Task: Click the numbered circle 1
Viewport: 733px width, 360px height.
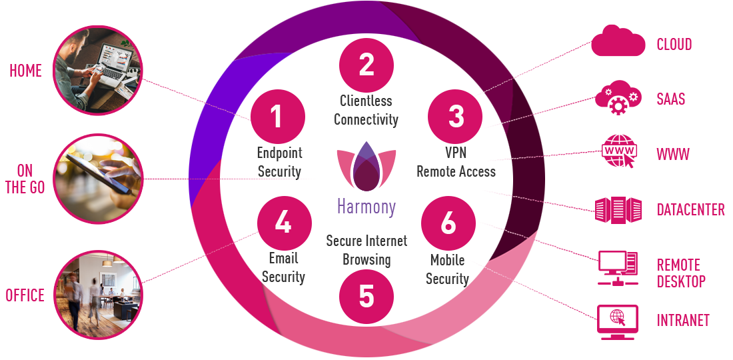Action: click(277, 117)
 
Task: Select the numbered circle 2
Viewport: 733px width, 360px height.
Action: click(366, 65)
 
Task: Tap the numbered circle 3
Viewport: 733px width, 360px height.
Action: click(456, 117)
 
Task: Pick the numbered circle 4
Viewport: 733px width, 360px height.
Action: click(283, 222)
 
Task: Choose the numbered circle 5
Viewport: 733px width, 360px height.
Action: click(366, 296)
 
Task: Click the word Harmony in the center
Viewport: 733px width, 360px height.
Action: click(366, 207)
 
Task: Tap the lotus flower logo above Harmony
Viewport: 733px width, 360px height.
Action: click(366, 167)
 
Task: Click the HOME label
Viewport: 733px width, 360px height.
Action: click(25, 71)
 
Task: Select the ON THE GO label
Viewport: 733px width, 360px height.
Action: click(25, 179)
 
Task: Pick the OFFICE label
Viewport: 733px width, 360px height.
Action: click(25, 295)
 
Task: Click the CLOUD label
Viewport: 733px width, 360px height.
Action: click(674, 45)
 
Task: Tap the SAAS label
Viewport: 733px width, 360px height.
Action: click(671, 99)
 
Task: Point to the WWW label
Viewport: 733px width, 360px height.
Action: click(673, 155)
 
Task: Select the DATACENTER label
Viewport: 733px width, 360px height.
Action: click(690, 210)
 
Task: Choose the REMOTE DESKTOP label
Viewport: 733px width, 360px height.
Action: click(681, 273)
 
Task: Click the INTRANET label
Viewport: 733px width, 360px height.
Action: click(683, 320)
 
